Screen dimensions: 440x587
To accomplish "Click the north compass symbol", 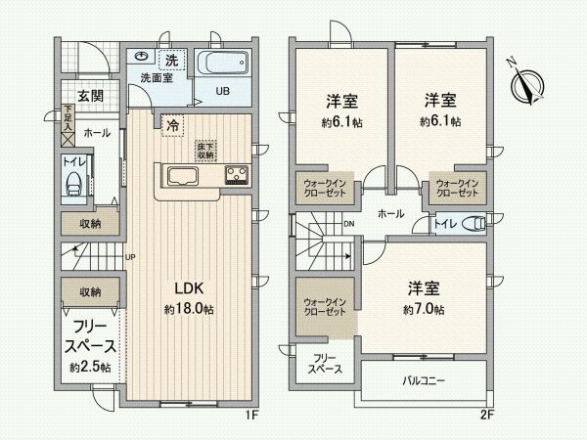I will click(x=529, y=84).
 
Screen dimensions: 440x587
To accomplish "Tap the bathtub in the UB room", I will click(x=224, y=66).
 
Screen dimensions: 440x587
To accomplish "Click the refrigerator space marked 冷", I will click(x=172, y=125).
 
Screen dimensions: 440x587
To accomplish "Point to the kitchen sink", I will click(x=183, y=177).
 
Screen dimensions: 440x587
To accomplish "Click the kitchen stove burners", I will click(x=237, y=176).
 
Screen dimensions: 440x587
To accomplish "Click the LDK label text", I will click(x=188, y=288).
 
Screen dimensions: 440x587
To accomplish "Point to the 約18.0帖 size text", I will click(x=189, y=309).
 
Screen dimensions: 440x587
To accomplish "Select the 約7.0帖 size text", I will click(x=426, y=309).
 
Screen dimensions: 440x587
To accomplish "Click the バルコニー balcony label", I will click(x=424, y=380).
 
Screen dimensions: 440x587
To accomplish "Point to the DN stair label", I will click(x=349, y=224).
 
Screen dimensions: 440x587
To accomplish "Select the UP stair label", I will click(x=129, y=258).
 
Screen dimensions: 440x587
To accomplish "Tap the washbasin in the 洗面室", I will click(x=143, y=58).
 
